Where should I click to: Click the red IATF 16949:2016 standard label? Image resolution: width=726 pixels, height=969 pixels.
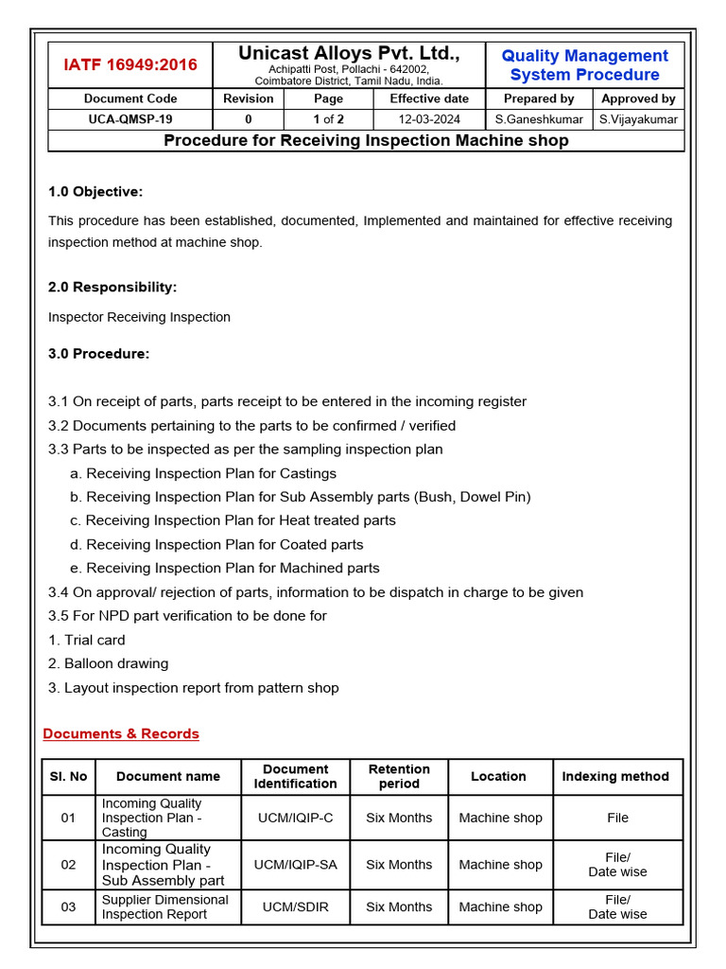coord(130,65)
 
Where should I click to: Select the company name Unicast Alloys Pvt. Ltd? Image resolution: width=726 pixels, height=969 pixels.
coord(349,55)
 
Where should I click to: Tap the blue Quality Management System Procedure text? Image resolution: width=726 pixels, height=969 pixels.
coord(584,65)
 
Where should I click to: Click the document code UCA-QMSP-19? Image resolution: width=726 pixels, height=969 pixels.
coord(130,119)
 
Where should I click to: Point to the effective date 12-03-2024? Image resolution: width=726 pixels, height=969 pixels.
coord(429,119)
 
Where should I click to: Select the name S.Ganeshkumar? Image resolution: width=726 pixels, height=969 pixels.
coord(539,119)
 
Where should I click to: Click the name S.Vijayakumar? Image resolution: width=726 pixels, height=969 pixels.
coord(638,119)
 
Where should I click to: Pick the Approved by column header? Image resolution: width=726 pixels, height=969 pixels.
coord(638,98)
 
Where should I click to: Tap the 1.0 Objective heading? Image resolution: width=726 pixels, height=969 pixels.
coord(95,192)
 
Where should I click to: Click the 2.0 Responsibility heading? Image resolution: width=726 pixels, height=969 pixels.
coord(112,287)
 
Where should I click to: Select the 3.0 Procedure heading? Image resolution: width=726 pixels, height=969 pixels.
coord(98,354)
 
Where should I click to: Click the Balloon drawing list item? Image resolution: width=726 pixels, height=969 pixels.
coord(108,663)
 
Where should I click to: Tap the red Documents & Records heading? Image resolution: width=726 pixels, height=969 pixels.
coord(121,733)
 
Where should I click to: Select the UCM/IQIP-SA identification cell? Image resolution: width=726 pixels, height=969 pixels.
coord(295,865)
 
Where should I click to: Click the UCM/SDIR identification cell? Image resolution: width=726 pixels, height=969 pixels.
coord(295,907)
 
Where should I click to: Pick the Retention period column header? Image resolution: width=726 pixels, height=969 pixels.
coord(399,776)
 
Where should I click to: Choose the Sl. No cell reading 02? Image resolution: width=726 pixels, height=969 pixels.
coord(68,865)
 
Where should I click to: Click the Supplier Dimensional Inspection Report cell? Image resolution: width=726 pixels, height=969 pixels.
coord(165,907)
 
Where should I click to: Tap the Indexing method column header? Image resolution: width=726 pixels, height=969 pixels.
coord(615,776)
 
